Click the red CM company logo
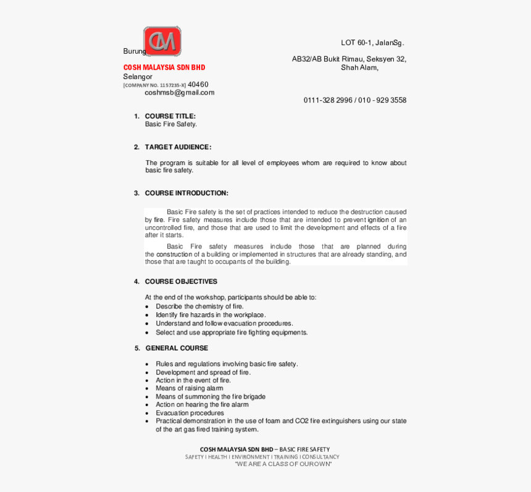click(162, 41)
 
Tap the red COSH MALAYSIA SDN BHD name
click(164, 67)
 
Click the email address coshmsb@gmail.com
click(180, 93)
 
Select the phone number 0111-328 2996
click(327, 100)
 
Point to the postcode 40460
click(198, 85)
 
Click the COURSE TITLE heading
click(170, 116)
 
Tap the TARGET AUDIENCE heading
click(178, 147)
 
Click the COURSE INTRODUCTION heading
click(186, 193)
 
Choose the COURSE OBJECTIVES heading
click(181, 281)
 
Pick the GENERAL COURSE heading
click(177, 348)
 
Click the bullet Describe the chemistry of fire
click(199, 306)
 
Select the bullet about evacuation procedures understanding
click(224, 323)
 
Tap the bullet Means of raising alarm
click(190, 388)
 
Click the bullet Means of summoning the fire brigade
click(211, 397)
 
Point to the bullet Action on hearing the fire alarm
click(202, 405)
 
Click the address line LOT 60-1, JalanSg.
click(372, 43)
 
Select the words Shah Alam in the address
click(359, 68)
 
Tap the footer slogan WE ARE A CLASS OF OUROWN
click(283, 464)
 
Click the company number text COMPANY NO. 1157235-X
click(154, 85)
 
